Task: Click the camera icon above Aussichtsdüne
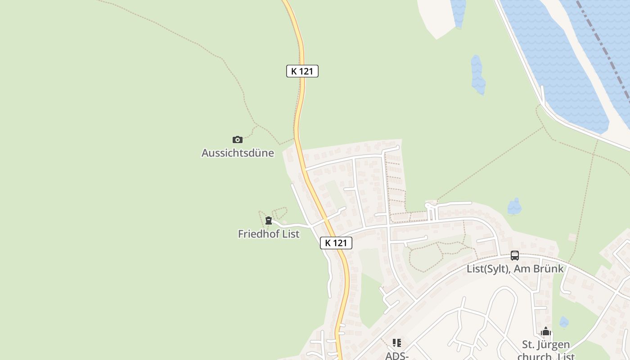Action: point(237,139)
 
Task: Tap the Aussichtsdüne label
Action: point(238,153)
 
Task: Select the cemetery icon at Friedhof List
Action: point(269,220)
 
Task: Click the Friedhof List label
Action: point(269,234)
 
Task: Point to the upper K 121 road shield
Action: point(302,71)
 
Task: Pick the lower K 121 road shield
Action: point(336,243)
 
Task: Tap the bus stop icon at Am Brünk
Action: point(515,256)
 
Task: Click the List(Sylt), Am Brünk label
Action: point(515,269)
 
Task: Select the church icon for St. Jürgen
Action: point(546,332)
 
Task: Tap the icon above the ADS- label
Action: point(396,343)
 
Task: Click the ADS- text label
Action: point(396,356)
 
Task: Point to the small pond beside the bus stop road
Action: point(514,207)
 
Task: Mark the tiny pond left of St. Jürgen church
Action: point(563,322)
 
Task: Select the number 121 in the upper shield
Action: point(306,71)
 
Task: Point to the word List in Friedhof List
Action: point(291,234)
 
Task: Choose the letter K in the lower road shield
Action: point(328,243)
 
